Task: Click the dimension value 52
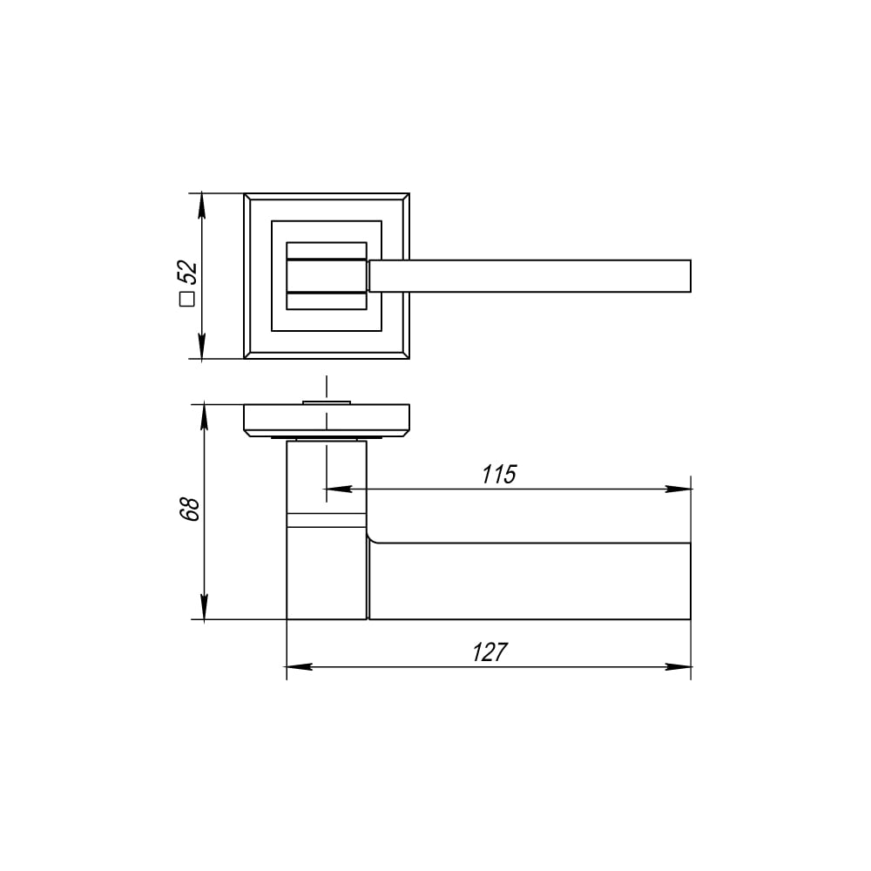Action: click(188, 272)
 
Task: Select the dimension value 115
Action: click(499, 475)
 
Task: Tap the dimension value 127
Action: click(490, 652)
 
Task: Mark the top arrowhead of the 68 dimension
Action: click(205, 417)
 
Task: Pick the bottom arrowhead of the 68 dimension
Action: click(205, 606)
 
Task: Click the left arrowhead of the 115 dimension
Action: click(339, 489)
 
